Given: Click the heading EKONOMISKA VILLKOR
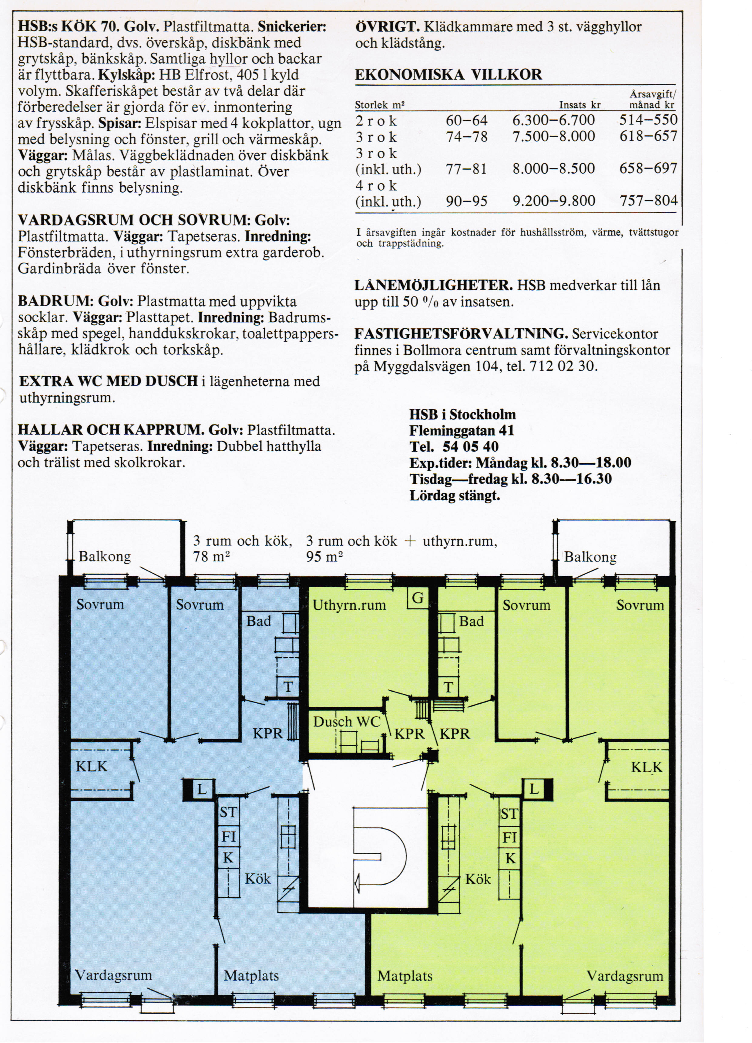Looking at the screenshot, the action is (x=449, y=75).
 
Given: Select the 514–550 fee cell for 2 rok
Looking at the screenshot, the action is (x=648, y=120).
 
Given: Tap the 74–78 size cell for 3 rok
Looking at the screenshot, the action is (x=467, y=137).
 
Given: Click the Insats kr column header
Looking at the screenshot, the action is (x=580, y=105).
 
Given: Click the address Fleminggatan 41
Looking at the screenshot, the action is (x=462, y=430).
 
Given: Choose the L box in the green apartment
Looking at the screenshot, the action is (x=534, y=789).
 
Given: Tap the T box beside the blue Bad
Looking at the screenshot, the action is (x=288, y=687).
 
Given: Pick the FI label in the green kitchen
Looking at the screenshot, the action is (x=509, y=838).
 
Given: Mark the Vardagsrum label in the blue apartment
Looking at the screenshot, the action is (x=113, y=975).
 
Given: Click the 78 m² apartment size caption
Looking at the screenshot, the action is (x=211, y=557).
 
